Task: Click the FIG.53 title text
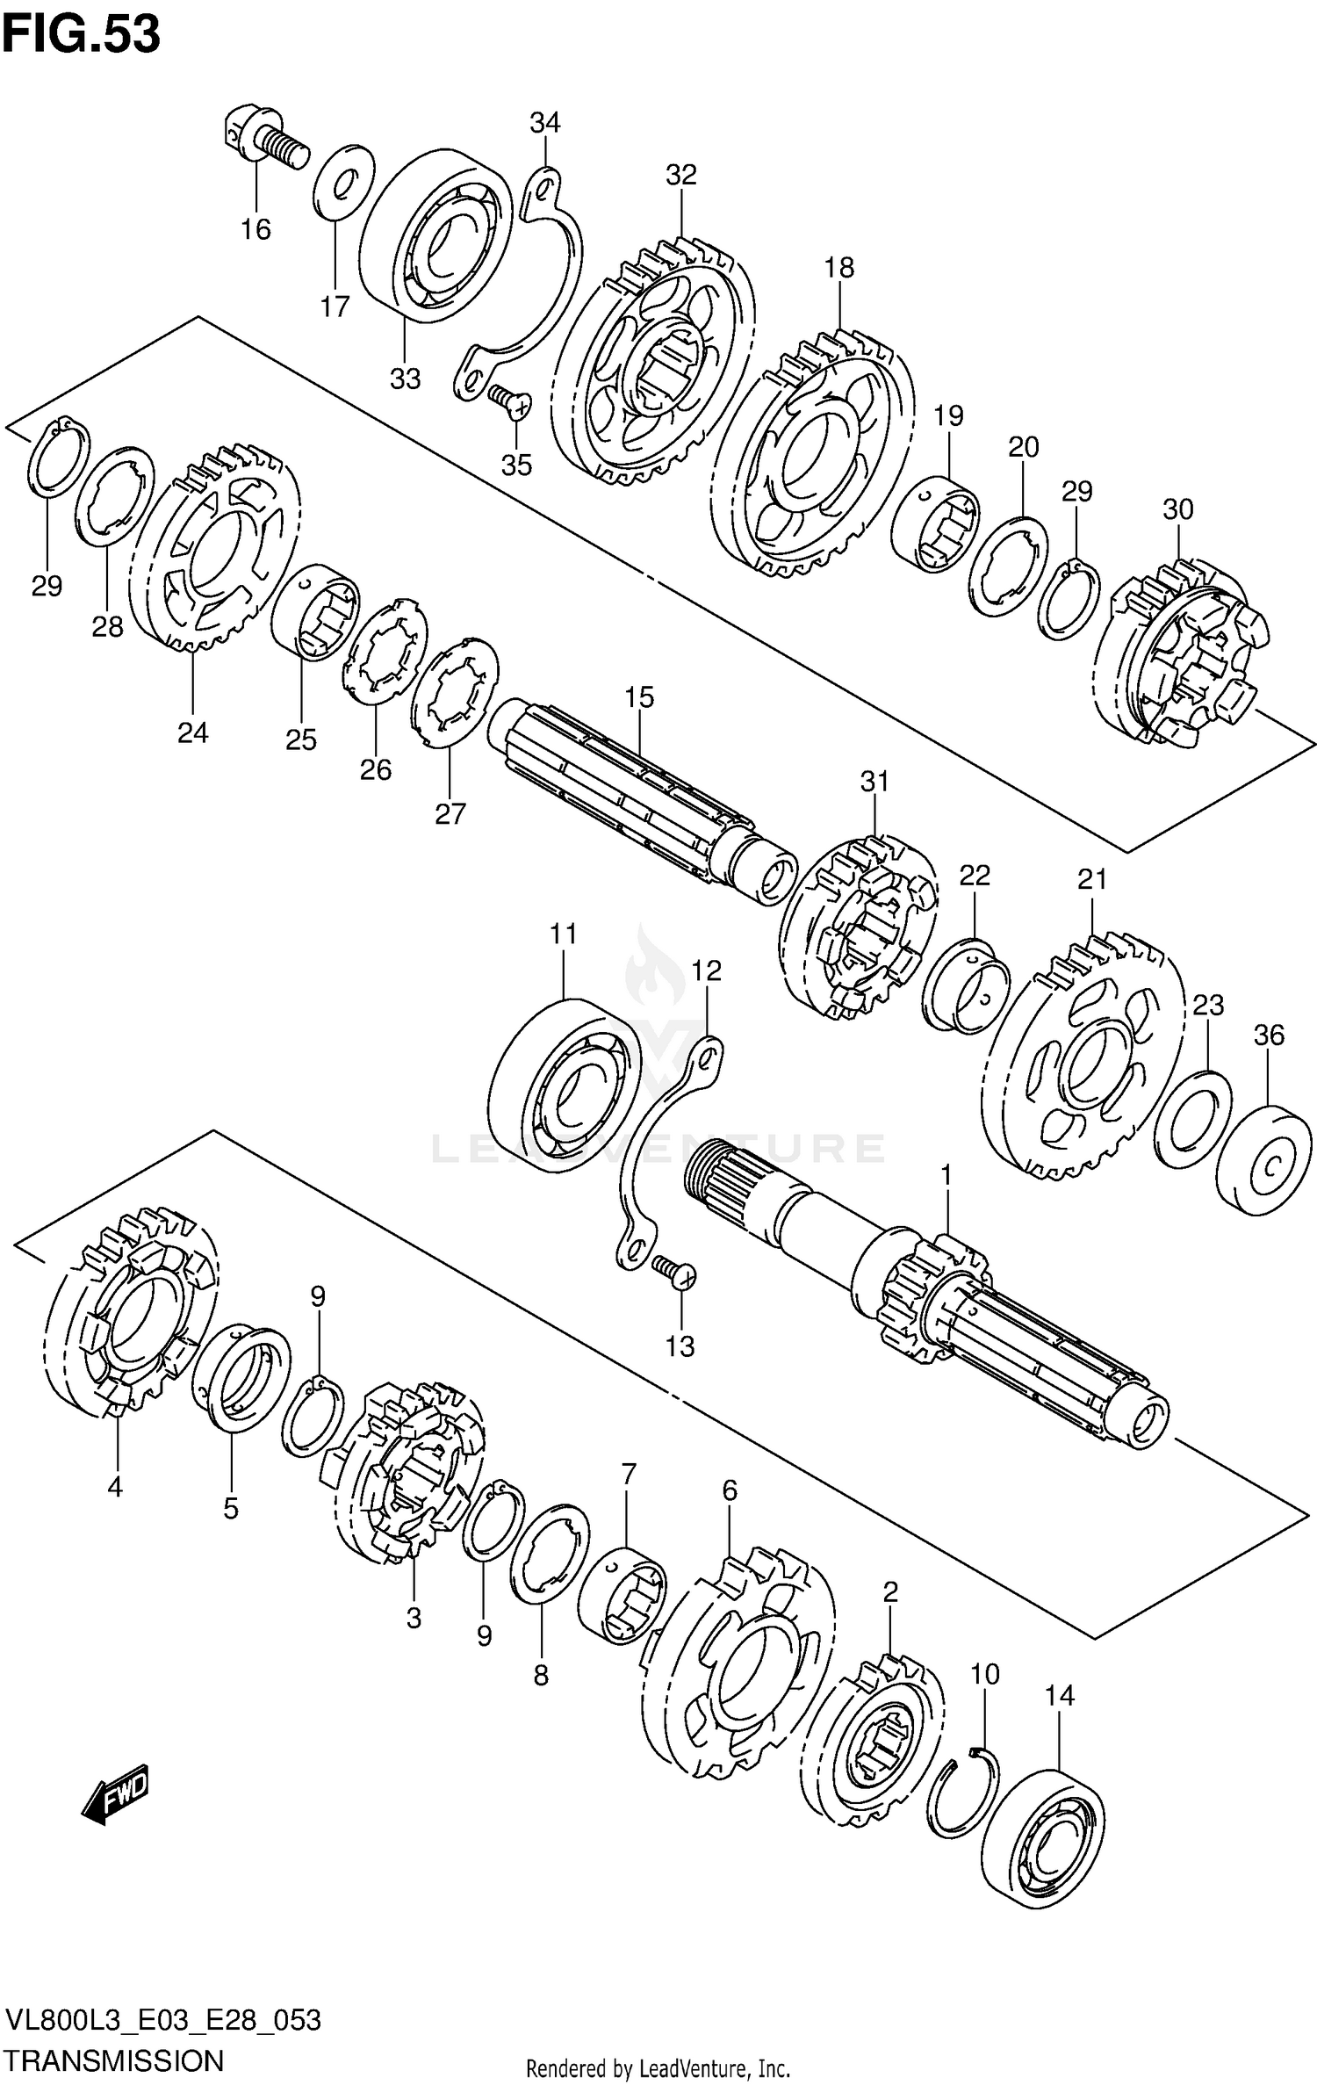click(81, 35)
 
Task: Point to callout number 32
click(680, 175)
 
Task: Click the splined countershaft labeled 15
click(641, 790)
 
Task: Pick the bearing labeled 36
click(1264, 1159)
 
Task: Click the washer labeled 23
click(1191, 1118)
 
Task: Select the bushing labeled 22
click(966, 985)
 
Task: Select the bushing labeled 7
click(621, 1597)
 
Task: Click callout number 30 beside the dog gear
click(1177, 509)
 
